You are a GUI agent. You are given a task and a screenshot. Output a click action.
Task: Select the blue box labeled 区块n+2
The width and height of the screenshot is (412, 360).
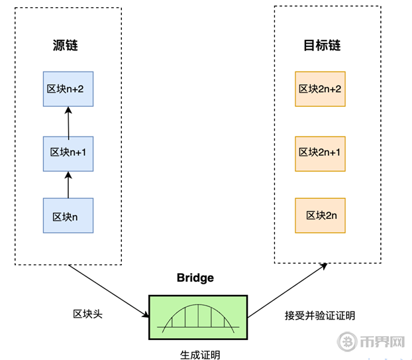pyautogui.click(x=69, y=89)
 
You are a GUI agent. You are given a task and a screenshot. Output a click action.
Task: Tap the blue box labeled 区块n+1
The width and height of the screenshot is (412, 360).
pyautogui.click(x=69, y=152)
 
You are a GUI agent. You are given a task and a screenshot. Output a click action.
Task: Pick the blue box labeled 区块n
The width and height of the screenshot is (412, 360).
pyautogui.click(x=69, y=215)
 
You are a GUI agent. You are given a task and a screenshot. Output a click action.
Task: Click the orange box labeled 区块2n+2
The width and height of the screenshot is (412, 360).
pyautogui.click(x=320, y=89)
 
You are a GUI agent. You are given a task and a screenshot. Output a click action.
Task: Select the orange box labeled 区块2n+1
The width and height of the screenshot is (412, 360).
pyautogui.click(x=320, y=152)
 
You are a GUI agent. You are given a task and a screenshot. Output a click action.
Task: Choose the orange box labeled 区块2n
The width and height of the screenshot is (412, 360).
pyautogui.click(x=320, y=215)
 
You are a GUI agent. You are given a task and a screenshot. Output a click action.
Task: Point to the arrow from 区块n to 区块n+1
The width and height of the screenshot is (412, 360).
pyautogui.click(x=68, y=184)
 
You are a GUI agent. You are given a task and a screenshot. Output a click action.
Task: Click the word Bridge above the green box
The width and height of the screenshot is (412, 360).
pyautogui.click(x=195, y=278)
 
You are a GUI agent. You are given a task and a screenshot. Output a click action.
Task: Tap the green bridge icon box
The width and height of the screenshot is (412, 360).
pyautogui.click(x=198, y=314)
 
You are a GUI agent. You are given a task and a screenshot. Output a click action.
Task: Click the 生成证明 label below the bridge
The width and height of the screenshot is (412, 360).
pyautogui.click(x=199, y=355)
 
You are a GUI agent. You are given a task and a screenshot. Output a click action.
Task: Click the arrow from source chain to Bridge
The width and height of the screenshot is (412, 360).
pyautogui.click(x=107, y=289)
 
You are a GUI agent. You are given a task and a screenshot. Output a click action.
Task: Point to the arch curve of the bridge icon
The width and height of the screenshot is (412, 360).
pyautogui.click(x=198, y=308)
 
